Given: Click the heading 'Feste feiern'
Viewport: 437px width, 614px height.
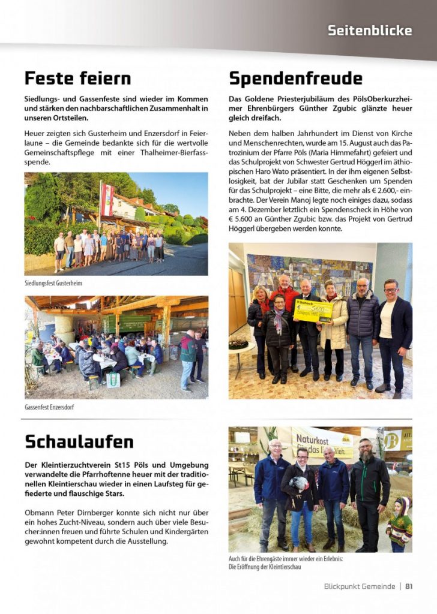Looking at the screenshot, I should (x=77, y=78).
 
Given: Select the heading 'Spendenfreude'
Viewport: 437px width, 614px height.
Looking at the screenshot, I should (x=295, y=79).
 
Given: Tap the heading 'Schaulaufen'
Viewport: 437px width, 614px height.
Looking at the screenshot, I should (x=79, y=441).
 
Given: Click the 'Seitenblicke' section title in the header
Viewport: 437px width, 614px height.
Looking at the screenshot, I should (x=370, y=30).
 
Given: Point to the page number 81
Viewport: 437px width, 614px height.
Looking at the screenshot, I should (x=409, y=586).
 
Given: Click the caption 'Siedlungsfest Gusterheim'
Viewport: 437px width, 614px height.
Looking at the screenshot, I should (x=53, y=282).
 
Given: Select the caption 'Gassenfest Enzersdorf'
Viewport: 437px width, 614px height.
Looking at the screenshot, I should (x=49, y=407).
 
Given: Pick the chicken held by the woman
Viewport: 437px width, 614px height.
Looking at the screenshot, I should (x=298, y=484).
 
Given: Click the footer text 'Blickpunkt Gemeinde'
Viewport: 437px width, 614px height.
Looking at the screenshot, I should (x=359, y=586).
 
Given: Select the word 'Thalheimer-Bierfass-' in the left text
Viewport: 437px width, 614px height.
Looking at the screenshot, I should (x=166, y=152).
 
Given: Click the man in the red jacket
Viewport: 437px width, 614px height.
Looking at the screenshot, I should (x=287, y=300).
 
